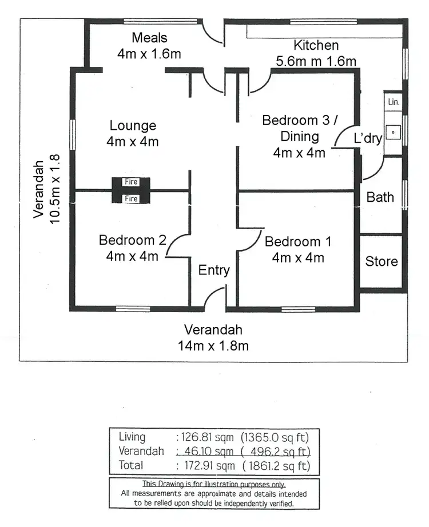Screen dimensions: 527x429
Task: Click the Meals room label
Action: (x=149, y=38)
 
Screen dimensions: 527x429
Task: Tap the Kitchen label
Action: (x=316, y=45)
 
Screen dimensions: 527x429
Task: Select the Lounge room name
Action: (x=133, y=126)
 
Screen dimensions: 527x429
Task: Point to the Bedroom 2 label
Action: (x=132, y=240)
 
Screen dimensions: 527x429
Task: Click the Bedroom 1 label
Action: (x=298, y=241)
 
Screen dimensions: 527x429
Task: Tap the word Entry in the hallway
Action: (x=214, y=270)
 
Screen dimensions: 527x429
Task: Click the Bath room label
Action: (x=380, y=197)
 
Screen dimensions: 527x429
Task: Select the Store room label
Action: (x=382, y=262)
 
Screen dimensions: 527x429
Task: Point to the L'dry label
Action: (x=368, y=138)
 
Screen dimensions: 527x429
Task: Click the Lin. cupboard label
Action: (x=394, y=102)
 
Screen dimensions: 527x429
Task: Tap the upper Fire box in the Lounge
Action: (x=132, y=182)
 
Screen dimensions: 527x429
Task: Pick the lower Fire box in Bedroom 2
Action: (x=132, y=199)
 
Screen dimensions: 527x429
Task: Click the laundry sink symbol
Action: (x=394, y=132)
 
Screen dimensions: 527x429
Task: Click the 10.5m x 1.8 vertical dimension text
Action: (x=55, y=189)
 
